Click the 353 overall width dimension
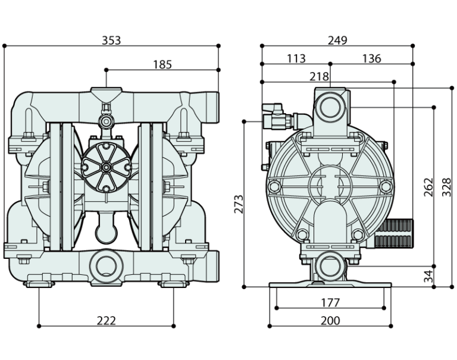(x=111, y=40)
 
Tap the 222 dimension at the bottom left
(x=106, y=321)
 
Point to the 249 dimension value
(x=337, y=40)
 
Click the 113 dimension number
(x=296, y=58)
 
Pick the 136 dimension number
(x=371, y=58)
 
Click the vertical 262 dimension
(x=426, y=187)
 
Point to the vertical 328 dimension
(x=447, y=187)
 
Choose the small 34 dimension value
(x=427, y=276)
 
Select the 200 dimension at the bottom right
(x=330, y=321)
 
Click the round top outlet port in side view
(x=329, y=108)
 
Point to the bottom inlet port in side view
(x=329, y=265)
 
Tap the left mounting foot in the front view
(x=40, y=283)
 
